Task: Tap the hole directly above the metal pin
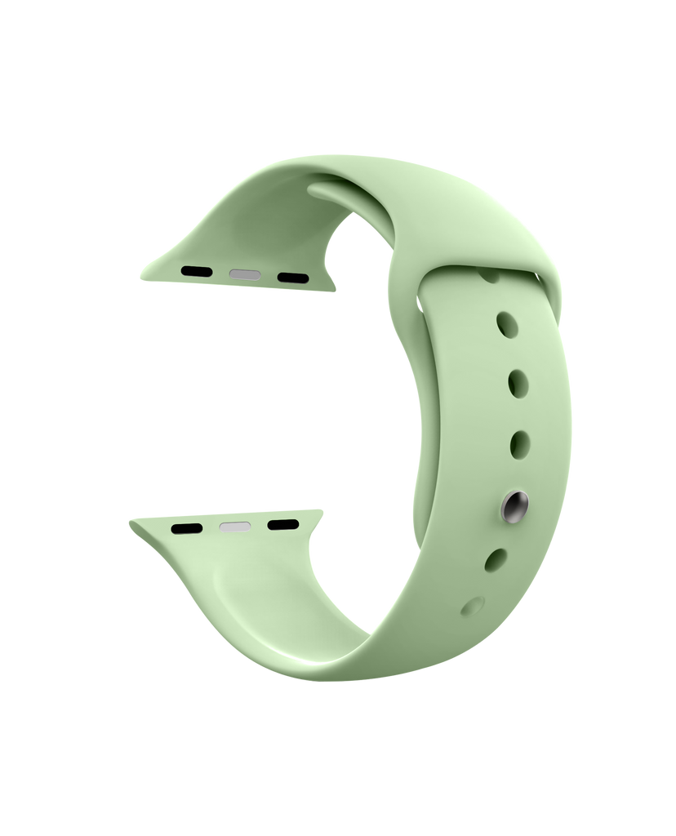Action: (x=518, y=443)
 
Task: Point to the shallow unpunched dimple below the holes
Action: (x=472, y=606)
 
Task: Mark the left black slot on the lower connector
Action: (x=187, y=528)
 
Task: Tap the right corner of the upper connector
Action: (x=332, y=286)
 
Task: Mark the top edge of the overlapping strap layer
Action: (x=490, y=268)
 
